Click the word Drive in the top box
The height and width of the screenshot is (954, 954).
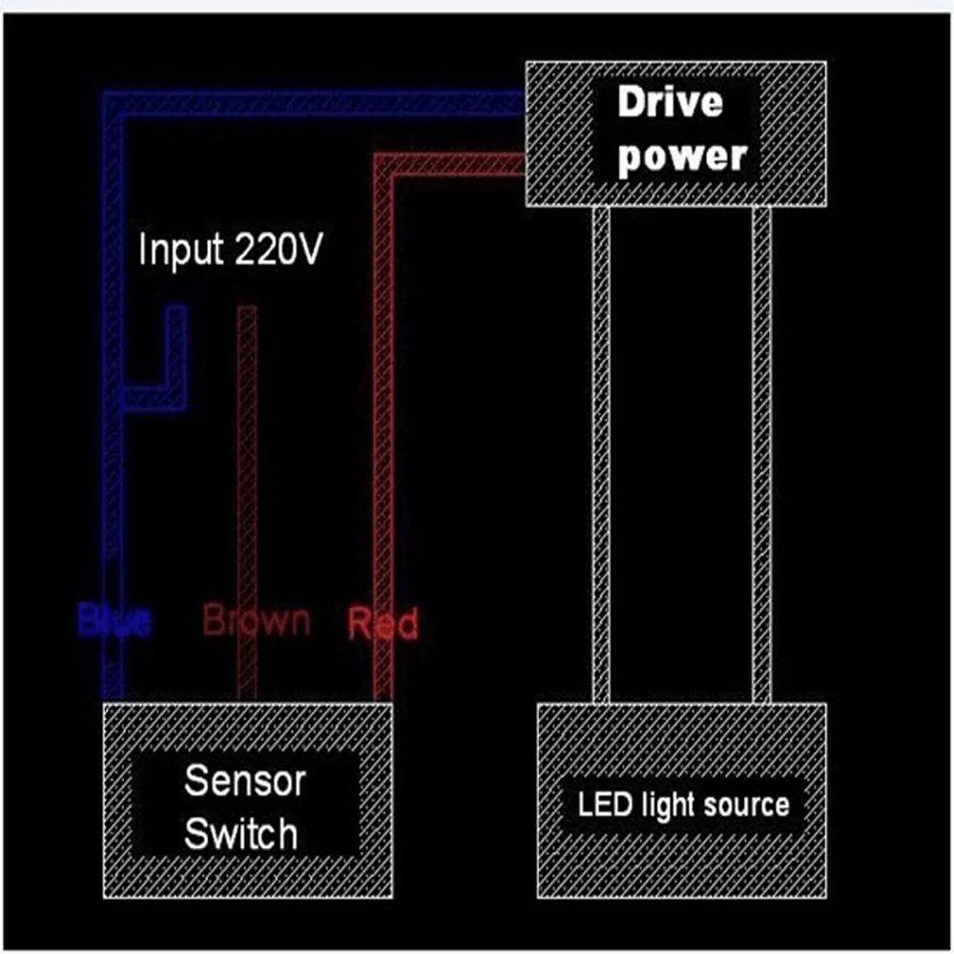coord(670,103)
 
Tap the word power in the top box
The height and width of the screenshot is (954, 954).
coord(681,156)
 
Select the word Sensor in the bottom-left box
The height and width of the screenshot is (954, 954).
coord(231,780)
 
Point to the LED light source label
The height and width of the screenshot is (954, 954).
coord(683,804)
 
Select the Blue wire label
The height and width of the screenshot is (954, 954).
coord(114,622)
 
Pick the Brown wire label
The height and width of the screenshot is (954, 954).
coord(256,620)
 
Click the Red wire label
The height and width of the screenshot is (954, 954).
coord(383,624)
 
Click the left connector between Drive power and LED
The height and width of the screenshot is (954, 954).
coord(601,455)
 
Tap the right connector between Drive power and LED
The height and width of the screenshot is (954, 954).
coord(761,455)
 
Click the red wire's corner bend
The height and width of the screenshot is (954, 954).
coord(384,164)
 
